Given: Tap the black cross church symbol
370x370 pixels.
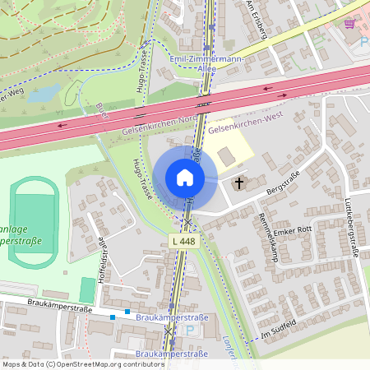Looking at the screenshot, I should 240,183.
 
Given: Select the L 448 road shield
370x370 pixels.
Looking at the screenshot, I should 185,241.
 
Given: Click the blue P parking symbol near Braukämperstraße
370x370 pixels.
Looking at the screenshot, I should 191,331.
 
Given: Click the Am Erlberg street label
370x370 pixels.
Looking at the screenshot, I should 257,18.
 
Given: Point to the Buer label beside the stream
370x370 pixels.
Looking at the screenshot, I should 102,110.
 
